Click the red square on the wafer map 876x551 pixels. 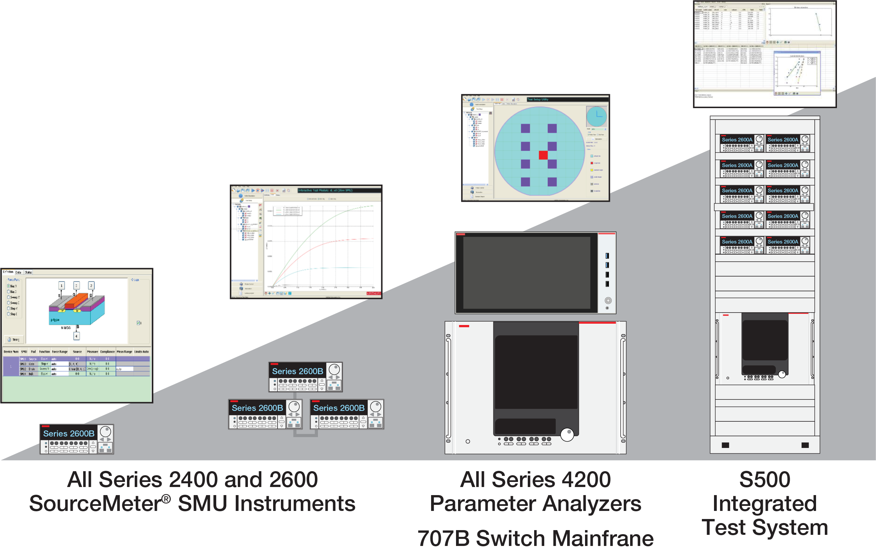[x=543, y=155]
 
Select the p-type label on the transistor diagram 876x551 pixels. [x=55, y=320]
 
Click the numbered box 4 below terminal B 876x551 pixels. [x=76, y=336]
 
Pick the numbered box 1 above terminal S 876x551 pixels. [x=62, y=286]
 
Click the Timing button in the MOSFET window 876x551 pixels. [x=14, y=340]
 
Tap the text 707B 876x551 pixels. [x=444, y=538]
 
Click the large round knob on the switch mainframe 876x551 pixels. [x=567, y=434]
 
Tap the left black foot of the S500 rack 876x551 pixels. [x=725, y=445]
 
